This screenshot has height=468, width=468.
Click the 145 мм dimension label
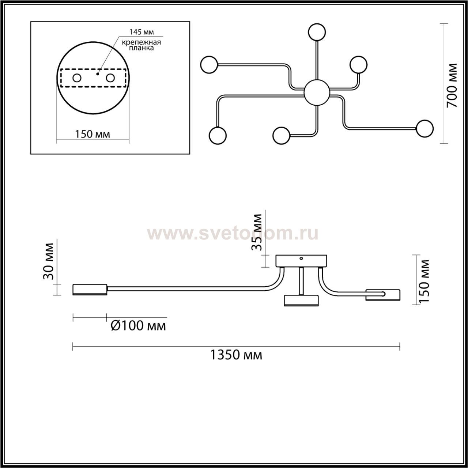(x=141, y=32)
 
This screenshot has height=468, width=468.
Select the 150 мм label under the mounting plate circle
(x=93, y=134)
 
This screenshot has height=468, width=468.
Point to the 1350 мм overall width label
(x=236, y=355)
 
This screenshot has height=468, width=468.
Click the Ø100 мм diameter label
(x=139, y=325)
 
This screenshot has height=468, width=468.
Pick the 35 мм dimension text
(x=257, y=232)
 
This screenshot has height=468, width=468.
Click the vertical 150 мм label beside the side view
(x=424, y=281)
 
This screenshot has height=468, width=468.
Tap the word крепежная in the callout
(x=141, y=42)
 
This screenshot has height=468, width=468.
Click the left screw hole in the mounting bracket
(x=77, y=78)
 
